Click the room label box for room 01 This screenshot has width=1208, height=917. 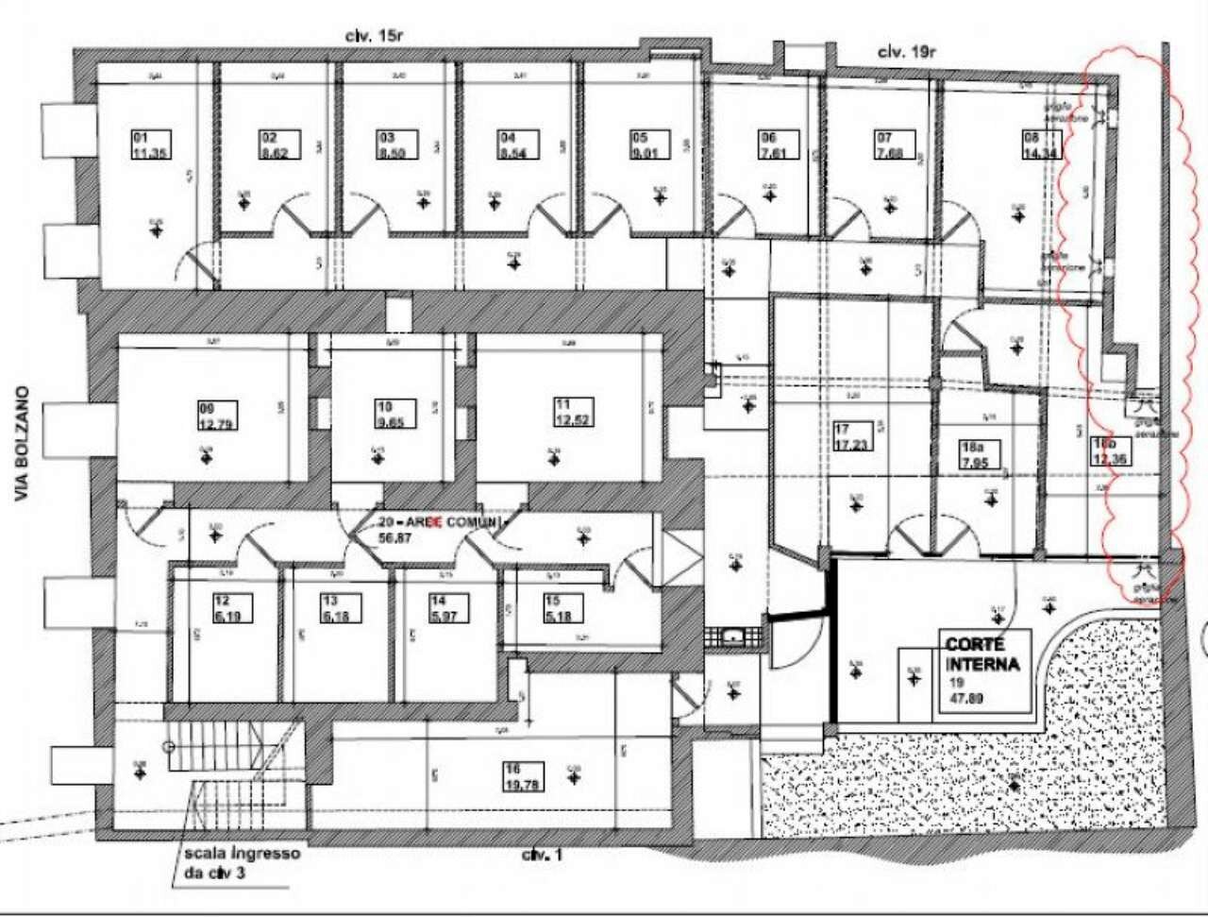[151, 144]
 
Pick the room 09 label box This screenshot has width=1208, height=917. [217, 416]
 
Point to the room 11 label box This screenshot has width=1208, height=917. [574, 412]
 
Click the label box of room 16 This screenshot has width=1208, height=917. [524, 776]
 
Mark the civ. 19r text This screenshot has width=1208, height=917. [906, 52]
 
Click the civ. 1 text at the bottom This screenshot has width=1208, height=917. [543, 856]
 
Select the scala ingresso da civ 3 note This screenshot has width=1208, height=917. [242, 861]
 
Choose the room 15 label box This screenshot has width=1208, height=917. [563, 608]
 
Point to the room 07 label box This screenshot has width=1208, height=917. [891, 144]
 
